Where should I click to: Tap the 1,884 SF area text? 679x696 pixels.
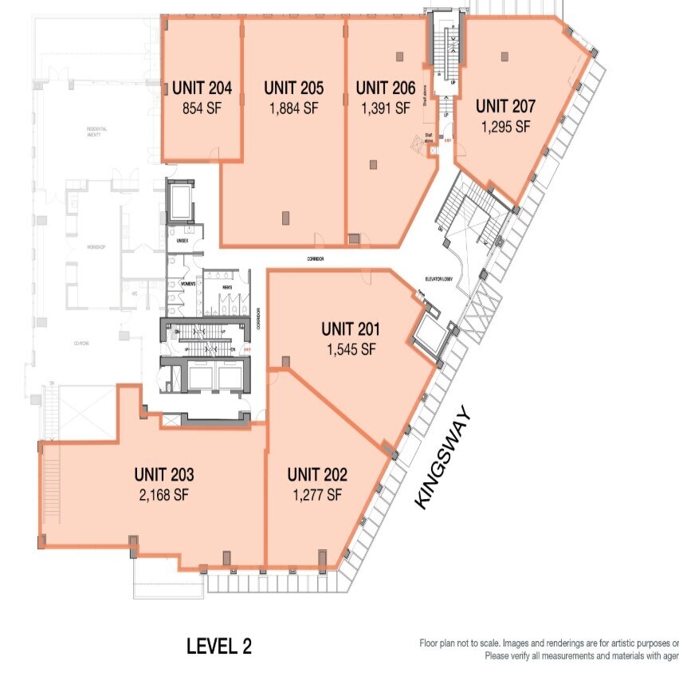click(293, 109)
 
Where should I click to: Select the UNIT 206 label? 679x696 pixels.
click(386, 88)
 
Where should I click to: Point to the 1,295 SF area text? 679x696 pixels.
click(504, 126)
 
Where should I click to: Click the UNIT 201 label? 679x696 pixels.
click(351, 328)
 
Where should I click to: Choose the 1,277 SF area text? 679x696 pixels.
click(317, 494)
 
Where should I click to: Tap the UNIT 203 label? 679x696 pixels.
click(164, 475)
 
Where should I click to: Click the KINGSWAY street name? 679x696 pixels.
click(443, 458)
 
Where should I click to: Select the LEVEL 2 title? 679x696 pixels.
click(219, 646)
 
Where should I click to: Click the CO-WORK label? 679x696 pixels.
click(80, 344)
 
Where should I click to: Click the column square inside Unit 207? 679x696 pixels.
click(504, 56)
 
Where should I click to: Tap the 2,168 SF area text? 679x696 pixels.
click(164, 495)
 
